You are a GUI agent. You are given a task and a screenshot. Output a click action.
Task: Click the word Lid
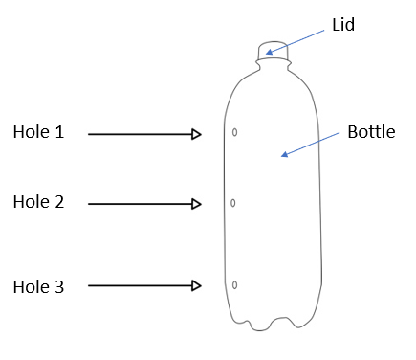pos(343,25)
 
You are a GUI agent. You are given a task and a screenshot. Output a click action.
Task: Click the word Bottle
pos(371,131)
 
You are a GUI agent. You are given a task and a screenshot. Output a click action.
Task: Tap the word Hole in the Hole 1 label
pos(32,131)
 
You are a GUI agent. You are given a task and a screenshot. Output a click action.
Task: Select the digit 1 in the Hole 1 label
pos(59,132)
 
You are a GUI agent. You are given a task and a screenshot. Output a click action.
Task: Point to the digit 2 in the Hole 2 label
pos(59,202)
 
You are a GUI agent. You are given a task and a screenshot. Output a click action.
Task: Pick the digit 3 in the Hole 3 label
pos(59,286)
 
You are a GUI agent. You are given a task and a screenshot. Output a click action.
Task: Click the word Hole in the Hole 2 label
pos(32,202)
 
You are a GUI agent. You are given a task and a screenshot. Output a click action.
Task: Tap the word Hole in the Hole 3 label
pos(32,286)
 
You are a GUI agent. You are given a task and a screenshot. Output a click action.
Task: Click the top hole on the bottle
pos(234,132)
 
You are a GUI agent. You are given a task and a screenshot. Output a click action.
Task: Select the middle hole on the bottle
pos(233,203)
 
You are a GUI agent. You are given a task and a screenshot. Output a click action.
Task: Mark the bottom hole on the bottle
pos(234,285)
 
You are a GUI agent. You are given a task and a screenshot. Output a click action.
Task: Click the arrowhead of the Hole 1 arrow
pos(196,134)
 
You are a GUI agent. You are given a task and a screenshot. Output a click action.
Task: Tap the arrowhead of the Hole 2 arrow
pos(196,204)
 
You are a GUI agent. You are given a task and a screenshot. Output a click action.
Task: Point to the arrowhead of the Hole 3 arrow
pos(196,285)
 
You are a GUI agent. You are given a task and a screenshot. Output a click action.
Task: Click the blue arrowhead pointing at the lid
pos(270,52)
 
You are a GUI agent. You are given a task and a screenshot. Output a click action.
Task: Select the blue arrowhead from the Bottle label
pos(284,154)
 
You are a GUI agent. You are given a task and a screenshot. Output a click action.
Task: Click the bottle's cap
pos(273,50)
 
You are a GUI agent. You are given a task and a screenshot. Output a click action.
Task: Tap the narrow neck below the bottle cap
pos(274,65)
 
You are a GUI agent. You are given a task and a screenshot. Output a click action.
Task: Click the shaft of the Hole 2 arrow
pos(141,204)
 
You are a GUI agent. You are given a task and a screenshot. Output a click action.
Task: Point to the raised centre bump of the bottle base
pos(281,320)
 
